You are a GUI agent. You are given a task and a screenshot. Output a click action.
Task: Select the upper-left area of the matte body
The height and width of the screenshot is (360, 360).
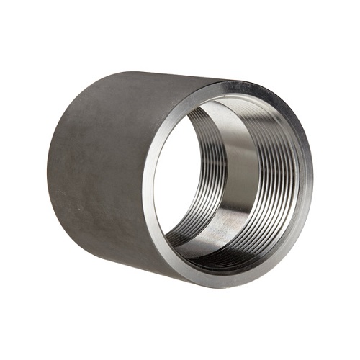click(86, 108)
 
